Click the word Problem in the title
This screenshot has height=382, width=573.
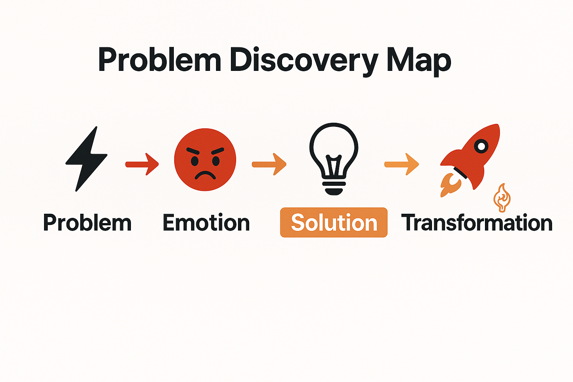click(x=160, y=60)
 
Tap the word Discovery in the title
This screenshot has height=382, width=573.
click(x=304, y=60)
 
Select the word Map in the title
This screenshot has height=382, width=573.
click(x=419, y=60)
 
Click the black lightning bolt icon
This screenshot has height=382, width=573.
click(x=87, y=159)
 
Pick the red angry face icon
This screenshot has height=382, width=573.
click(x=205, y=160)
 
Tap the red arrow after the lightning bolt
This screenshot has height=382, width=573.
click(x=142, y=164)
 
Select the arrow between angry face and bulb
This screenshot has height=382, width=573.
click(x=269, y=164)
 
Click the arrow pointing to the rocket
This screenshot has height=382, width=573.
click(x=401, y=164)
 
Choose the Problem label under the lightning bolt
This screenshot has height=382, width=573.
click(x=87, y=223)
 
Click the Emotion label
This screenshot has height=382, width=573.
click(x=206, y=223)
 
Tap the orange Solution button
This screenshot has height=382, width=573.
click(x=334, y=223)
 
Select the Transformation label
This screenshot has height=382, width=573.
click(x=477, y=223)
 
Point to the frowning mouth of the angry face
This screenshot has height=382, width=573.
click(x=205, y=175)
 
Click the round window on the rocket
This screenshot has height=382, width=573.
click(x=481, y=146)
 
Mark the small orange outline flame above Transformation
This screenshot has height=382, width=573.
click(x=502, y=198)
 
